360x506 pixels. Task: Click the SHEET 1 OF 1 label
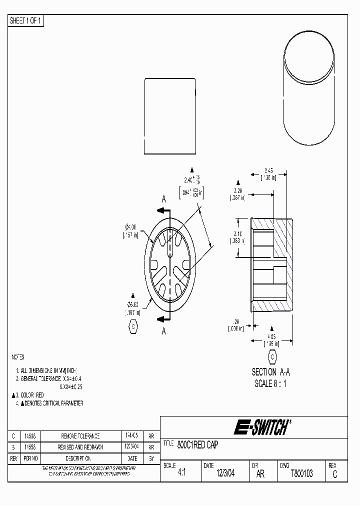26,21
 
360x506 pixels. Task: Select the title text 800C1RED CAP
197,444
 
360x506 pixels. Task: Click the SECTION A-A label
270,372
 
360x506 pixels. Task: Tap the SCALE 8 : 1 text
270,383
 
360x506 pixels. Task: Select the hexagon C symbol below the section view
272,357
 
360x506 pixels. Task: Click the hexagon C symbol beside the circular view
132,327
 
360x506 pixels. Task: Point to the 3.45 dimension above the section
268,171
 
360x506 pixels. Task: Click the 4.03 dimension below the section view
271,337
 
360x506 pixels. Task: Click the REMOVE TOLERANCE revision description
80,436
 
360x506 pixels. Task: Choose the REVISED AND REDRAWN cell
80,447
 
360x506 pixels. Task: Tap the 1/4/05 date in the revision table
132,436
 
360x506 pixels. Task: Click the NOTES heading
18,357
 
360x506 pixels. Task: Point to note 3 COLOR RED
31,395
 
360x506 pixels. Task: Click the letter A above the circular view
163,199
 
